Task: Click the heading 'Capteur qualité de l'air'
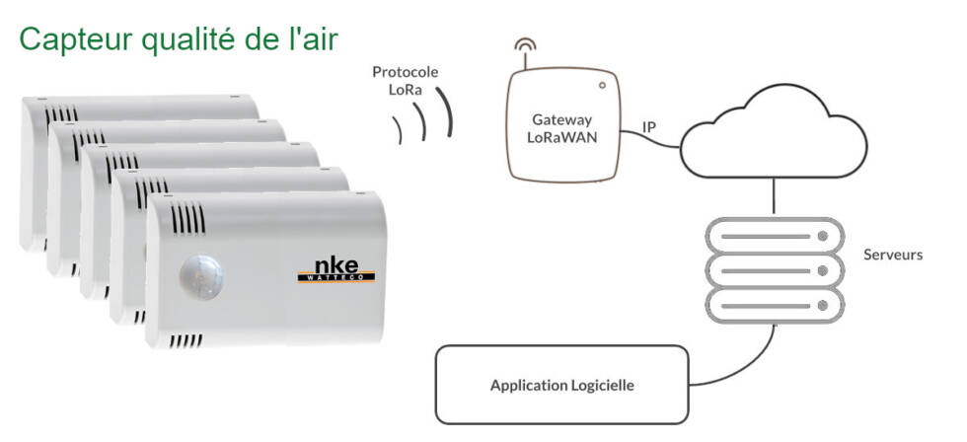pyautogui.click(x=179, y=39)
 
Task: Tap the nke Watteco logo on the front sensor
pyautogui.click(x=336, y=270)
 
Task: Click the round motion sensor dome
pyautogui.click(x=201, y=277)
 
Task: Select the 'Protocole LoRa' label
pyautogui.click(x=406, y=81)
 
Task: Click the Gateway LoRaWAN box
pyautogui.click(x=561, y=125)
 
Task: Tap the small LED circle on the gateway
pyautogui.click(x=602, y=86)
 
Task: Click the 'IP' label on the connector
pyautogui.click(x=649, y=127)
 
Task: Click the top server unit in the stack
pyautogui.click(x=775, y=236)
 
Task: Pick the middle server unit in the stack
pyautogui.click(x=775, y=270)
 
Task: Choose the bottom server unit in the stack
pyautogui.click(x=775, y=305)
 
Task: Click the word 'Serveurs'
pyautogui.click(x=893, y=255)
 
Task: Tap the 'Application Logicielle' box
pyautogui.click(x=561, y=385)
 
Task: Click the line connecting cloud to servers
pyautogui.click(x=774, y=197)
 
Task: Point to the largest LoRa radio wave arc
pyautogui.click(x=446, y=110)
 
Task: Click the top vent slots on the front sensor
pyautogui.click(x=187, y=218)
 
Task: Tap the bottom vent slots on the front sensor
pyautogui.click(x=186, y=340)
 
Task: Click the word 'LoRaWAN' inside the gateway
pyautogui.click(x=561, y=137)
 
